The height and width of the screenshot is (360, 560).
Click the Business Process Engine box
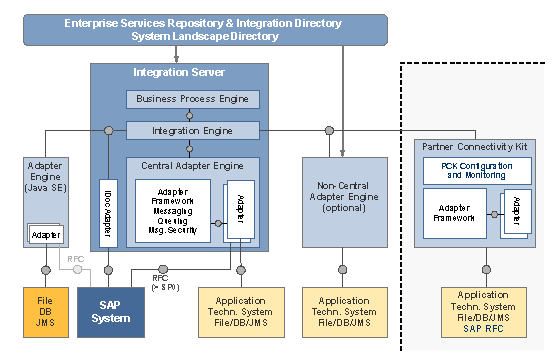193,99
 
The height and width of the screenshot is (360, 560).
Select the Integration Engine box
193,131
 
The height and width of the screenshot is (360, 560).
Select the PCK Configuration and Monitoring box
482,170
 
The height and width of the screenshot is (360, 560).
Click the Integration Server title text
179,73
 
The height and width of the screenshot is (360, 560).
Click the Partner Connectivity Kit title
482,147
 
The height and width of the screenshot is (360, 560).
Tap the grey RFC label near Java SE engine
76,260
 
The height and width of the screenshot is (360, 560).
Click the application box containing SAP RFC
483,313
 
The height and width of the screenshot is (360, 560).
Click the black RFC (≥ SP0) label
166,283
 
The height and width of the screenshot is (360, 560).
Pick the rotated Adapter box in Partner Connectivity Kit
515,213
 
